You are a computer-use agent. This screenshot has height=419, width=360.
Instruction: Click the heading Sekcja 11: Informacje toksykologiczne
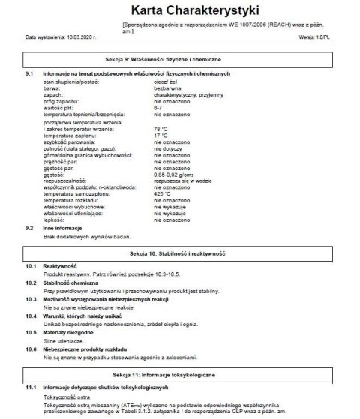click(180, 373)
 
